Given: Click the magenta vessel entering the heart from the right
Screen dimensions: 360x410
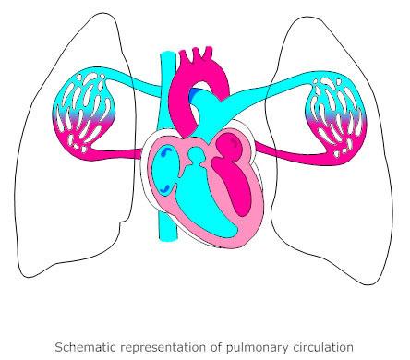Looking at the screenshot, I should pyautogui.click(x=277, y=150).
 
